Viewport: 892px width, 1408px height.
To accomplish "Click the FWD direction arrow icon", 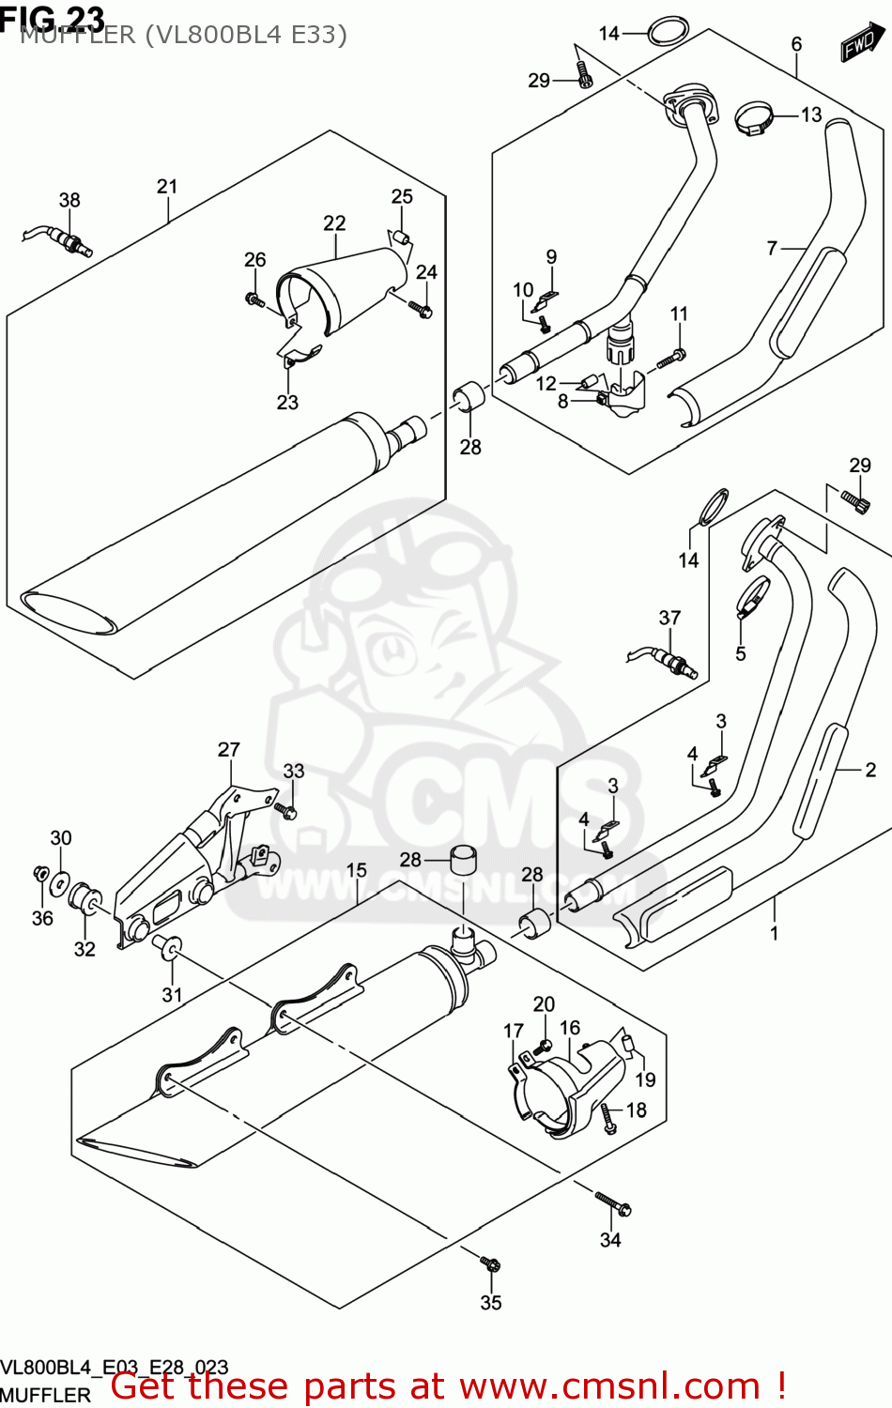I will (861, 42).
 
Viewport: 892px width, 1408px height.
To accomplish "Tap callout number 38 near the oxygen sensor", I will (69, 200).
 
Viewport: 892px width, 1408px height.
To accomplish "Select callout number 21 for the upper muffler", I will (167, 187).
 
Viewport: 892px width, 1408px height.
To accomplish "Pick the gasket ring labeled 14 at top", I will (665, 31).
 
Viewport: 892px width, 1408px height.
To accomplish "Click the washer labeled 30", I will (60, 881).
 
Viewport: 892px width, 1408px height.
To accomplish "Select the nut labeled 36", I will (39, 874).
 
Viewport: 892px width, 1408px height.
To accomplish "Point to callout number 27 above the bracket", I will (229, 750).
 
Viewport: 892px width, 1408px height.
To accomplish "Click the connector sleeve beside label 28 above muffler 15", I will (461, 860).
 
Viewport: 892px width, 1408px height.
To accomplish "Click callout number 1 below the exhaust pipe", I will (774, 933).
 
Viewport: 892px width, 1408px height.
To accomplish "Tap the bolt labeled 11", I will (672, 357).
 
